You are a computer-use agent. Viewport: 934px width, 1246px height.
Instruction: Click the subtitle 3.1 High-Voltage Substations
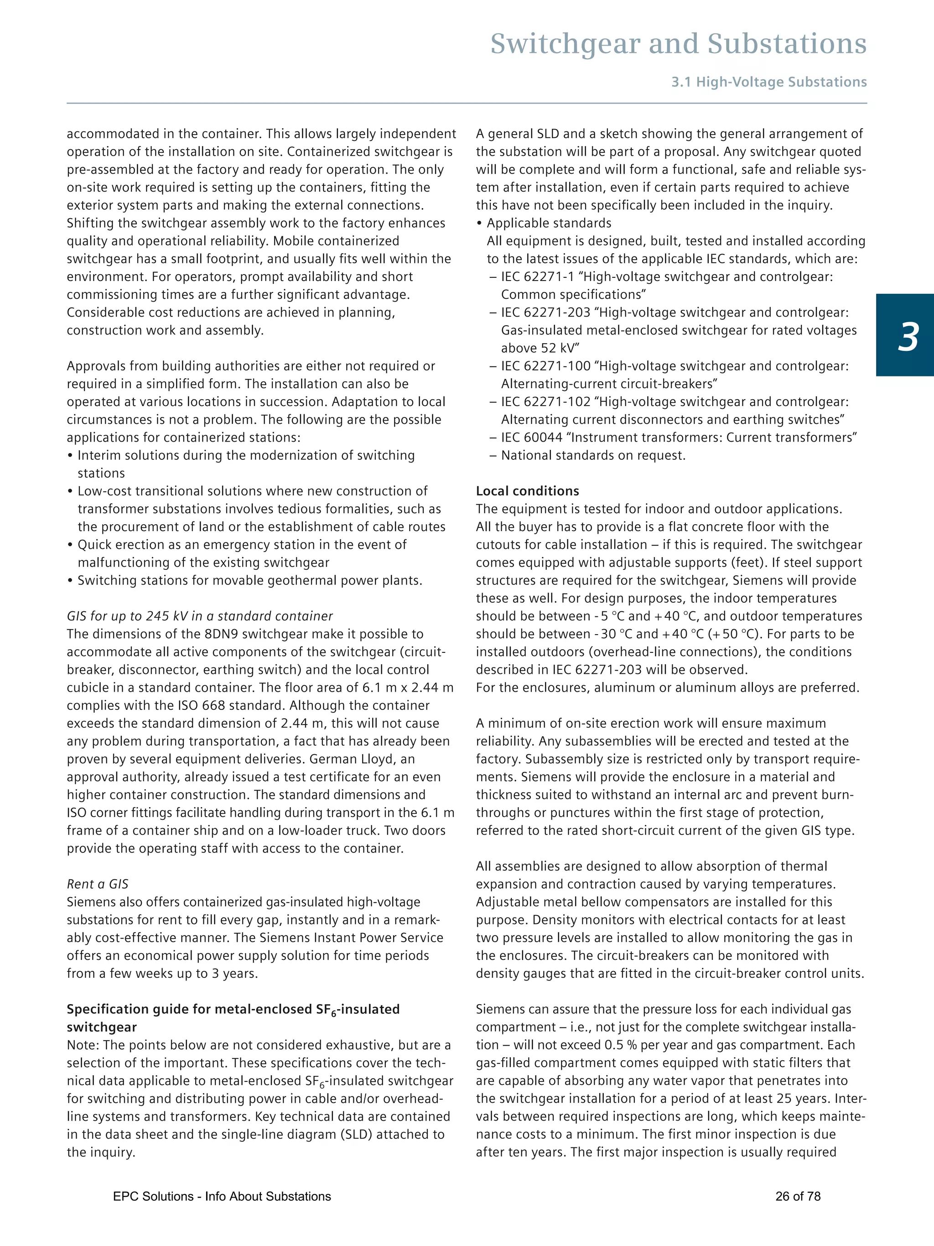(x=768, y=82)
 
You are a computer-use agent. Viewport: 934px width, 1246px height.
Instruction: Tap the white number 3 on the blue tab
(x=908, y=337)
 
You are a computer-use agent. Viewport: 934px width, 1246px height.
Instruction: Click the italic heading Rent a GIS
(x=98, y=884)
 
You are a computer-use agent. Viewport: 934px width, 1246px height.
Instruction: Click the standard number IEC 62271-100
(x=545, y=366)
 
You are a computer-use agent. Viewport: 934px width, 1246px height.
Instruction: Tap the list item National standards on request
(x=593, y=455)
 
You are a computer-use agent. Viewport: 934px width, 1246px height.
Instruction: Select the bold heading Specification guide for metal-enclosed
(x=233, y=1009)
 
